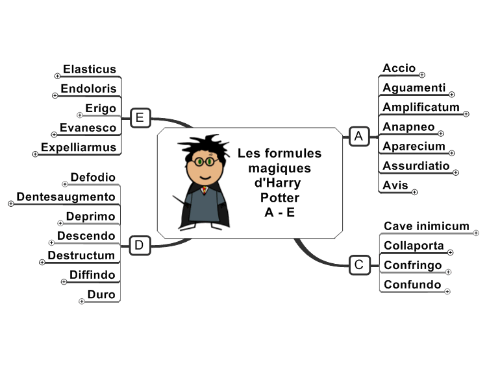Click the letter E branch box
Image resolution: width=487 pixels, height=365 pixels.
pyautogui.click(x=140, y=118)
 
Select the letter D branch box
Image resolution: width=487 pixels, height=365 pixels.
pyautogui.click(x=140, y=246)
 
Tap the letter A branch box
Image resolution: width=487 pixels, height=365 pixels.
pyautogui.click(x=359, y=136)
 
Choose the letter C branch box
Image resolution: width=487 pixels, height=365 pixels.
pyautogui.click(x=360, y=265)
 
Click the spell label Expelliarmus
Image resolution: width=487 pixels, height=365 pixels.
pyautogui.click(x=79, y=147)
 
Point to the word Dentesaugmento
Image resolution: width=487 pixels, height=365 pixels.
pyautogui.click(x=66, y=197)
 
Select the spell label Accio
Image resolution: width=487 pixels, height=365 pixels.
pyautogui.click(x=399, y=68)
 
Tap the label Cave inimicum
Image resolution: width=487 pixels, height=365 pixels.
pyautogui.click(x=427, y=226)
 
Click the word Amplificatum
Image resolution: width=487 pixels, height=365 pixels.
pyautogui.click(x=421, y=108)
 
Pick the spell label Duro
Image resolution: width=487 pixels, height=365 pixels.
pyautogui.click(x=101, y=294)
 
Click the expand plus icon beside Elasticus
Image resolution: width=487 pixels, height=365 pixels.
pyautogui.click(x=57, y=76)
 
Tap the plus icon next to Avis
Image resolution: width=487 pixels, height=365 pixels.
pyautogui.click(x=415, y=193)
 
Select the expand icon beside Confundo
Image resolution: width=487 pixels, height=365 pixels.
pyautogui.click(x=447, y=292)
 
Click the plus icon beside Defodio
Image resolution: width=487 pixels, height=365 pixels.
pyautogui.click(x=64, y=184)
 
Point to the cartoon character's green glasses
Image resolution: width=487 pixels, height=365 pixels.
pyautogui.click(x=205, y=161)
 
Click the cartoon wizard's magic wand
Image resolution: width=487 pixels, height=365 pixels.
pyautogui.click(x=181, y=201)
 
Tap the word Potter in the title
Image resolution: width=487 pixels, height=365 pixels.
pyautogui.click(x=280, y=198)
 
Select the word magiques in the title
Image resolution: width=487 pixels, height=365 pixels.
pyautogui.click(x=279, y=169)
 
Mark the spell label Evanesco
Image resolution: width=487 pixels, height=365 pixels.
pyautogui.click(x=88, y=128)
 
